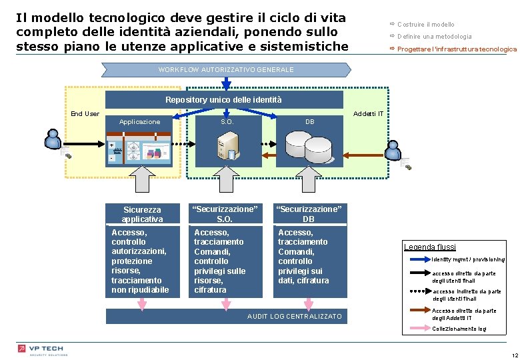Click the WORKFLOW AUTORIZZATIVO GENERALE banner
tap(226, 69)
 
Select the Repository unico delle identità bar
tap(223, 100)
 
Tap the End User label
tap(85, 113)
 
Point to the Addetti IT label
tap(368, 113)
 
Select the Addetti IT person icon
tap(395, 150)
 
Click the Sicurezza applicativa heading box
tap(142, 214)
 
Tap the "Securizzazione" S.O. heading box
tap(225, 214)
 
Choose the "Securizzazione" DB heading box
tap(309, 214)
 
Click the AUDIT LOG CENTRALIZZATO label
tap(294, 316)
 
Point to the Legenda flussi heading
tap(430, 247)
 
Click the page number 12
tap(513, 354)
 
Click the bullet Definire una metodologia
tap(434, 37)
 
